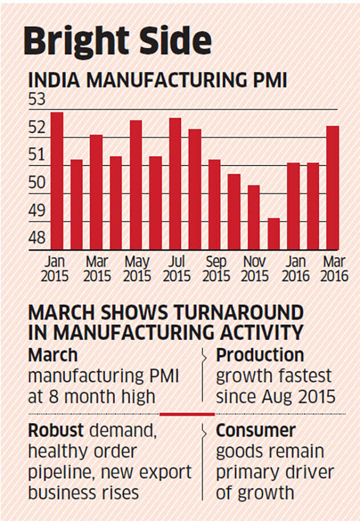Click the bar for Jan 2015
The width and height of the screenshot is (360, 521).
(57, 181)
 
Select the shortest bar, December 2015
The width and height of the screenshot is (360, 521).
(274, 234)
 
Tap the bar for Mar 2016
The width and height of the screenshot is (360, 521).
(333, 188)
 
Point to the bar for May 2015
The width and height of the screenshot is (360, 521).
(136, 185)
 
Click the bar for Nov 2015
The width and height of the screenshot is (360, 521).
(254, 217)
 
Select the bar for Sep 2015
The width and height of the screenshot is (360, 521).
(214, 205)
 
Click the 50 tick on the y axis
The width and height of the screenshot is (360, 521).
(36, 182)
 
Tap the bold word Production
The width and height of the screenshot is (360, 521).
(259, 355)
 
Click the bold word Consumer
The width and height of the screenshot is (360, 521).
(255, 430)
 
